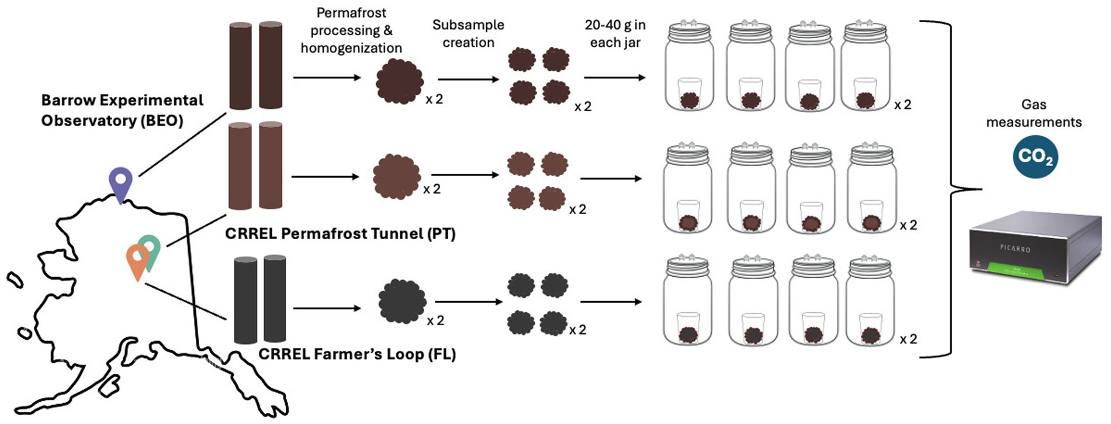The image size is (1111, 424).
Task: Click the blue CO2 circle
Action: tap(1035, 157)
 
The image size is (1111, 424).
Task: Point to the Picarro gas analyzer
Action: tap(1035, 249)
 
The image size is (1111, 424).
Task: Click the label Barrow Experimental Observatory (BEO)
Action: tap(122, 110)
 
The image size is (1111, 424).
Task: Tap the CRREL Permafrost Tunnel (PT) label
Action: tap(340, 233)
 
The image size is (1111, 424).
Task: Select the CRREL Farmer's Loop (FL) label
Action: tap(357, 354)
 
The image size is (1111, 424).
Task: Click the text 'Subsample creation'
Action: tap(468, 33)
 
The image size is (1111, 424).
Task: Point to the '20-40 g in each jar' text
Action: tap(615, 33)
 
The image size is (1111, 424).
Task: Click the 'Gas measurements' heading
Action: tap(1033, 113)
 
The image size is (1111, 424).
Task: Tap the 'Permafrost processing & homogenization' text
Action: tap(351, 30)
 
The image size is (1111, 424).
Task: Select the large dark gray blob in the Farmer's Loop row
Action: tap(402, 301)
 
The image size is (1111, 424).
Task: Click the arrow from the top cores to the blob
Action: tap(327, 77)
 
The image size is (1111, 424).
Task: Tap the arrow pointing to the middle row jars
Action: tap(611, 178)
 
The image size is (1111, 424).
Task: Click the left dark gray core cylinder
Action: tap(245, 300)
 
